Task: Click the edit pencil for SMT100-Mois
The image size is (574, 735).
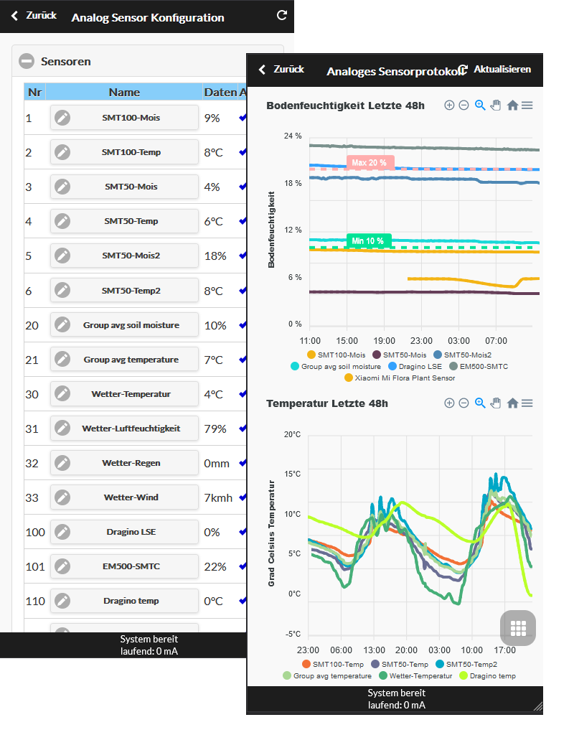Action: coord(62,118)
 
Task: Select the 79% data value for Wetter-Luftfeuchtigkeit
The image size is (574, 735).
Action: coord(215,429)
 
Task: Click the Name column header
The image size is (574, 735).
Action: coord(124,93)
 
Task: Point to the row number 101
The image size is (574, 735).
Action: coord(35,567)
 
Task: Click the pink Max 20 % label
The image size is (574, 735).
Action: coord(370,163)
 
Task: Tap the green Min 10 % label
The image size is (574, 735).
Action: coord(368,241)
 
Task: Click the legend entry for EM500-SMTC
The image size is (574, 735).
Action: coord(479,367)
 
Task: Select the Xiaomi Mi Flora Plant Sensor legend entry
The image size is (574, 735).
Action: coord(400,378)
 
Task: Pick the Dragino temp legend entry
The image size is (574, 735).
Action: coord(488,676)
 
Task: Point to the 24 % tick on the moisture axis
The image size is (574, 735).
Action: coord(293,136)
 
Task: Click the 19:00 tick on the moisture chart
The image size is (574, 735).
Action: coord(385,341)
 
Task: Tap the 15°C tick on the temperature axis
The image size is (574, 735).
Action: coord(293,474)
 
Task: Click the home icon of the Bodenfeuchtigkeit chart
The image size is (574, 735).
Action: coord(512,106)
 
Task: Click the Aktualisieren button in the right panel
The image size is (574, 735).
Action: coord(496,70)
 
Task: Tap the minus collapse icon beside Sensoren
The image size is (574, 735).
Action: coord(27,61)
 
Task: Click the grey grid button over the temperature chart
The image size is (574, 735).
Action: coord(518,627)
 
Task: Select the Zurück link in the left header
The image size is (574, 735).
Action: coord(34,16)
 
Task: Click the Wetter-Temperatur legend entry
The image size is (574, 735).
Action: coord(415,676)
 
